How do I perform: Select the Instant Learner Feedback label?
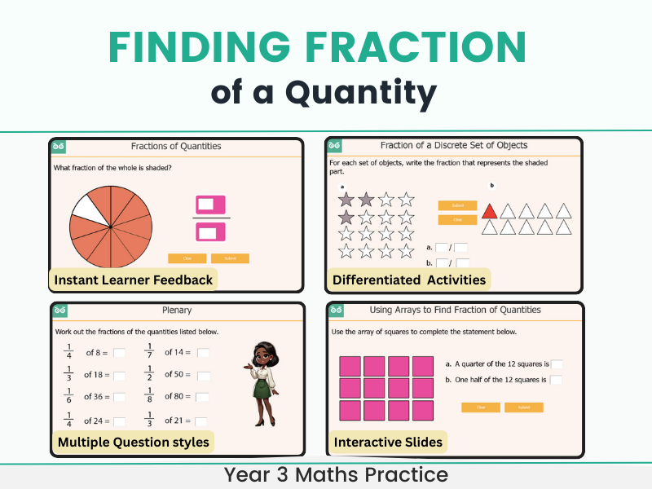pos(134,280)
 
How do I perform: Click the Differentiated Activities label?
pos(409,280)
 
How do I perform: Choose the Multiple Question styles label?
pos(134,443)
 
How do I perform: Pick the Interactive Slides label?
pos(388,443)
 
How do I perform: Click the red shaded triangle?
pos(489,211)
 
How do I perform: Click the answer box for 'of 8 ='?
pos(119,353)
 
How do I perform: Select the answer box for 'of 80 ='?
pos(202,397)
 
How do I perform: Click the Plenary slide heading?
pos(177,311)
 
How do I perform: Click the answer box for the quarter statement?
pos(557,364)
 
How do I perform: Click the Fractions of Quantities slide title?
pos(176,147)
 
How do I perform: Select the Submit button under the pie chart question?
pos(230,258)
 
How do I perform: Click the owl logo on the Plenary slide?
pos(58,311)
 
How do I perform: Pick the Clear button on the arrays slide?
pos(481,407)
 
